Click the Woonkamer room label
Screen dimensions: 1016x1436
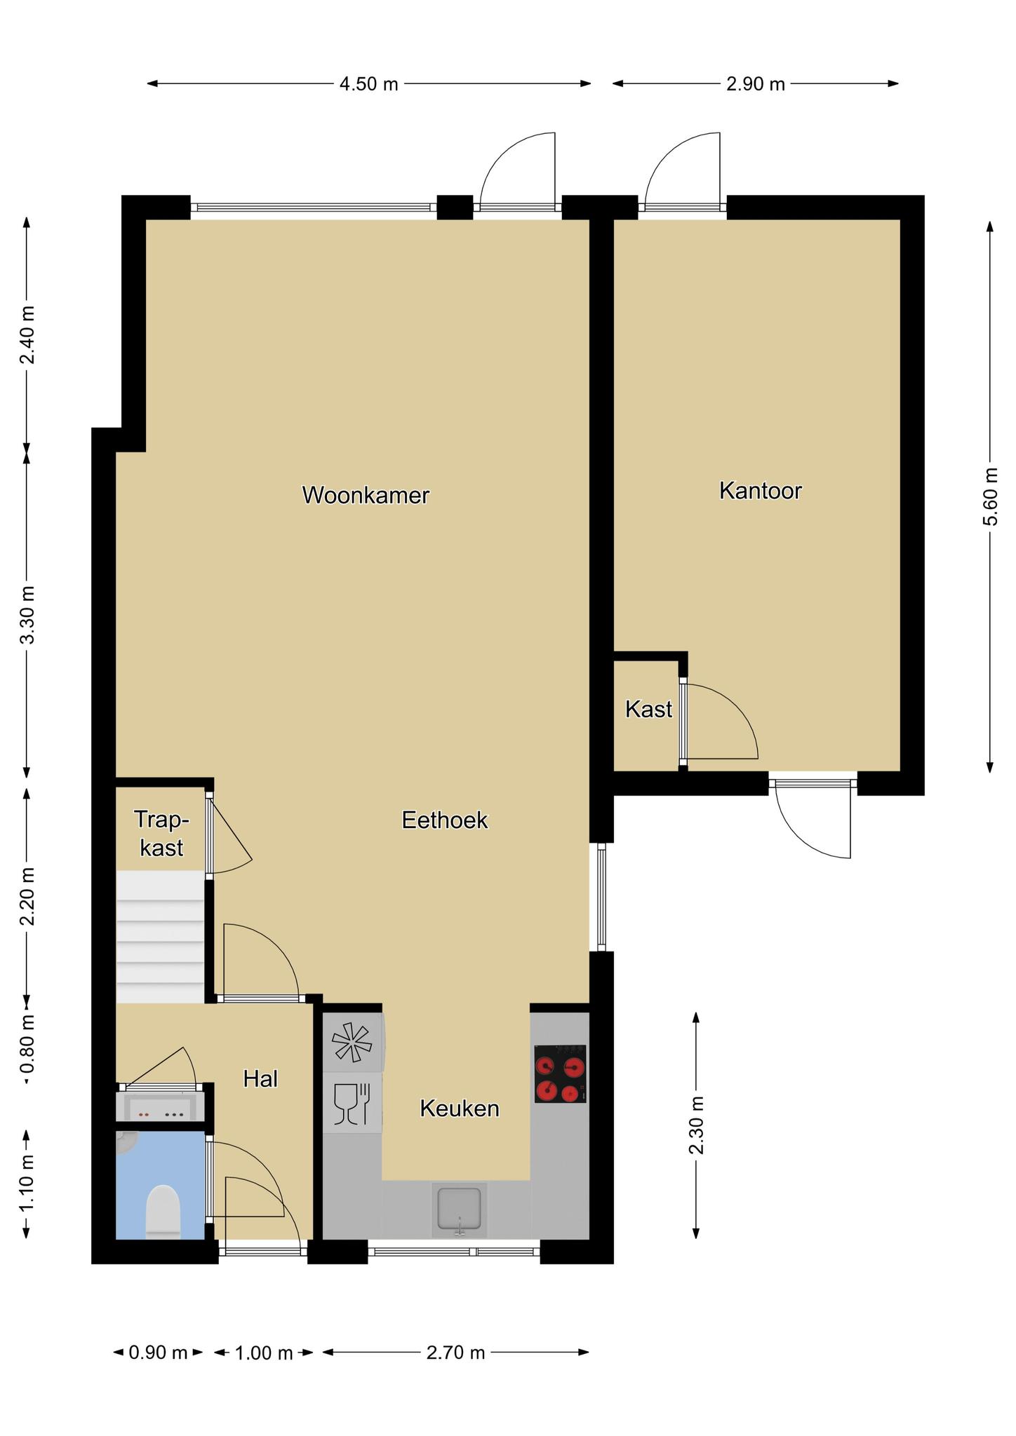pyautogui.click(x=366, y=495)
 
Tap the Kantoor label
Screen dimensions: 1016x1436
pyautogui.click(x=761, y=490)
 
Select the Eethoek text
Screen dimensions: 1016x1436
pyautogui.click(x=445, y=820)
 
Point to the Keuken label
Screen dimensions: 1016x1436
pyautogui.click(x=460, y=1108)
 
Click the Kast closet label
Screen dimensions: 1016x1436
pyautogui.click(x=649, y=709)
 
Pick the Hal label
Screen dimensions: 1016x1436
pyautogui.click(x=261, y=1078)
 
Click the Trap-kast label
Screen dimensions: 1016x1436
pyautogui.click(x=162, y=833)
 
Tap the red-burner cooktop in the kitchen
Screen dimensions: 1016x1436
pyautogui.click(x=560, y=1073)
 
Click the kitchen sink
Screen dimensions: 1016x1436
pyautogui.click(x=460, y=1209)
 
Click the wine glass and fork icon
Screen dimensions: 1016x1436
pyautogui.click(x=352, y=1104)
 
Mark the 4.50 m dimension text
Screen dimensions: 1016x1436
pyautogui.click(x=369, y=84)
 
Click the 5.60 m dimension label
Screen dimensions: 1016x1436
pyautogui.click(x=989, y=496)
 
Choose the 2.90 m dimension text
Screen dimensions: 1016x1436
pyautogui.click(x=756, y=84)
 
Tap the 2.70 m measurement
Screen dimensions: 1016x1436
pyautogui.click(x=456, y=1352)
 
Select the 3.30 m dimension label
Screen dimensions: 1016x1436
pyautogui.click(x=27, y=615)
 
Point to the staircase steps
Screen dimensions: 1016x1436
pyautogui.click(x=160, y=937)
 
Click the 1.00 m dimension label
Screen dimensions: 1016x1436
pyautogui.click(x=264, y=1353)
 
